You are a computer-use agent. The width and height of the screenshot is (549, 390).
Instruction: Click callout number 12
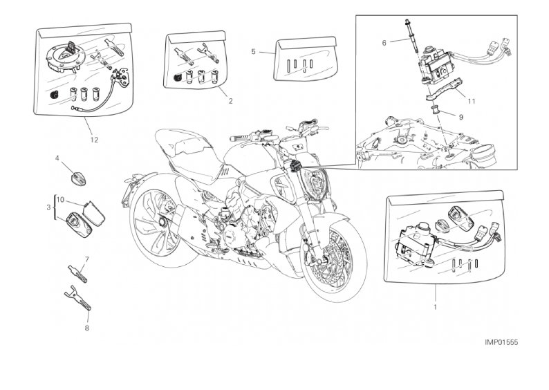[94, 140]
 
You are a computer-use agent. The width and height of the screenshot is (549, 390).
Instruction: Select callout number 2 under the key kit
[230, 101]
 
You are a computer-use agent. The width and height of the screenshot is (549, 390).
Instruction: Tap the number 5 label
[253, 52]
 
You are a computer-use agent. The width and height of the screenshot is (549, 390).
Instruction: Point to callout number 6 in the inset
[384, 43]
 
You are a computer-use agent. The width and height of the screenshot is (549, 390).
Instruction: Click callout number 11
[472, 101]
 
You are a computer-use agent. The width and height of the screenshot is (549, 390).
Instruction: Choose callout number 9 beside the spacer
[460, 118]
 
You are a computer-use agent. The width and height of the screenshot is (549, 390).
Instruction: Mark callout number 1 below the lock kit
[435, 308]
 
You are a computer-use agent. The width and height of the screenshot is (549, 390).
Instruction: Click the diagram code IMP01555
[501, 342]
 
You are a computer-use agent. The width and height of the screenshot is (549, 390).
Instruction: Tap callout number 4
[57, 158]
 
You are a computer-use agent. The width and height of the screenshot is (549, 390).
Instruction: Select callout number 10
[60, 200]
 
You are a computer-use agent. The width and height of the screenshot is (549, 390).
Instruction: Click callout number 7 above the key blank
[87, 259]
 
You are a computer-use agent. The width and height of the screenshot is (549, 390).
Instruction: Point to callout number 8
[87, 328]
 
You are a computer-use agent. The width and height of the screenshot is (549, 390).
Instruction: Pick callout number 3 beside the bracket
[48, 207]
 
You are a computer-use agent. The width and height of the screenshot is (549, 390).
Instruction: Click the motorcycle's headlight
[317, 183]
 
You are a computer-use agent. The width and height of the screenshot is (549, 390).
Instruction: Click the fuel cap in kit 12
[66, 56]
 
